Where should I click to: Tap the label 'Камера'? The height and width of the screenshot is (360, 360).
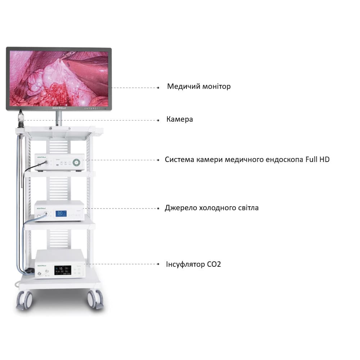coord(179,119)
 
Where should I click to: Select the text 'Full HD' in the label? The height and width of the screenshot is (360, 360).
coord(318,159)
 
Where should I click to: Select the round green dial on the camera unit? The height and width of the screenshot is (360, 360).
coord(77,163)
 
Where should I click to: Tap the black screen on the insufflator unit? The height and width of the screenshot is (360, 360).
coord(63,270)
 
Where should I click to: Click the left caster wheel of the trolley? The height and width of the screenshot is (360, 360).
coord(25,300)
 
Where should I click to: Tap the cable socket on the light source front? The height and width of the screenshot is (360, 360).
coord(46,213)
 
